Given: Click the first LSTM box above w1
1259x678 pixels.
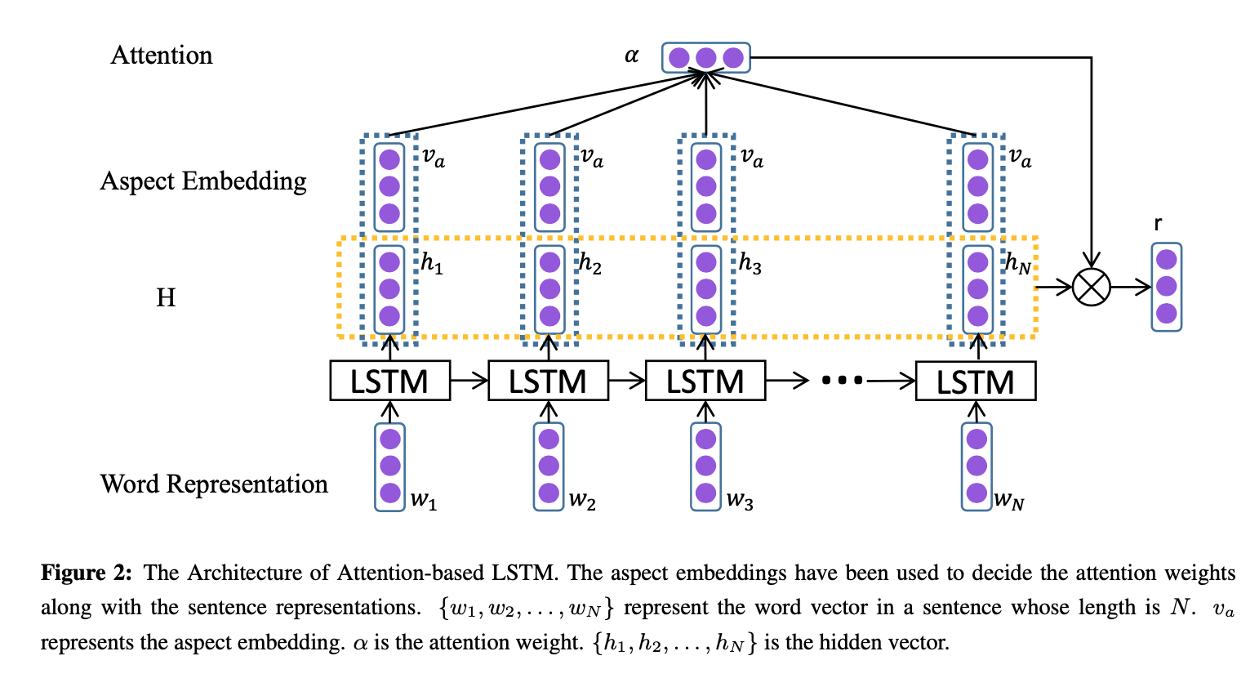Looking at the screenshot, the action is (390, 381).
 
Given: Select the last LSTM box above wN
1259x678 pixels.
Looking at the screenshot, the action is (976, 381).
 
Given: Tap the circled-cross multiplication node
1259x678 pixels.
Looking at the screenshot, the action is (1092, 288).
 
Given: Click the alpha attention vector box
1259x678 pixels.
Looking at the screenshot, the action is (706, 57).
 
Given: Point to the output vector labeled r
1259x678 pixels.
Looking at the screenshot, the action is (1167, 288).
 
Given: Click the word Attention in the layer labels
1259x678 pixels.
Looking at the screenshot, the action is (162, 56).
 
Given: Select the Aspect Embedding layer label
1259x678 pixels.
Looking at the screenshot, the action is (203, 181).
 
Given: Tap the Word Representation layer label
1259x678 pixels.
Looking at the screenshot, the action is (214, 484).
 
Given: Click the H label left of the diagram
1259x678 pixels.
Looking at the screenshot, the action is (166, 297).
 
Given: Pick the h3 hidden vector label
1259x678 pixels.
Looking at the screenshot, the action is (750, 263).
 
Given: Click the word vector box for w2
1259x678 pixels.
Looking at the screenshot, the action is (549, 466).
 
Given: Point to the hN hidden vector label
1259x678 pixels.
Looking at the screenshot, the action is (1018, 263).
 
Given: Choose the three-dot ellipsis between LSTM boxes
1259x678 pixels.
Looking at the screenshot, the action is (842, 381).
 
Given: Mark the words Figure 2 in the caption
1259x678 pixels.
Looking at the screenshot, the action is (87, 573).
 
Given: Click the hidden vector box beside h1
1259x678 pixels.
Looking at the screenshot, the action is (389, 289).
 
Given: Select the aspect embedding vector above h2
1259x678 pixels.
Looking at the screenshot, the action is (549, 187).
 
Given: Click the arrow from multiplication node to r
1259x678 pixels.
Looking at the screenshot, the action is (1131, 288).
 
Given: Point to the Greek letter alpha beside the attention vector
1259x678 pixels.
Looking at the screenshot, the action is (632, 56).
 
